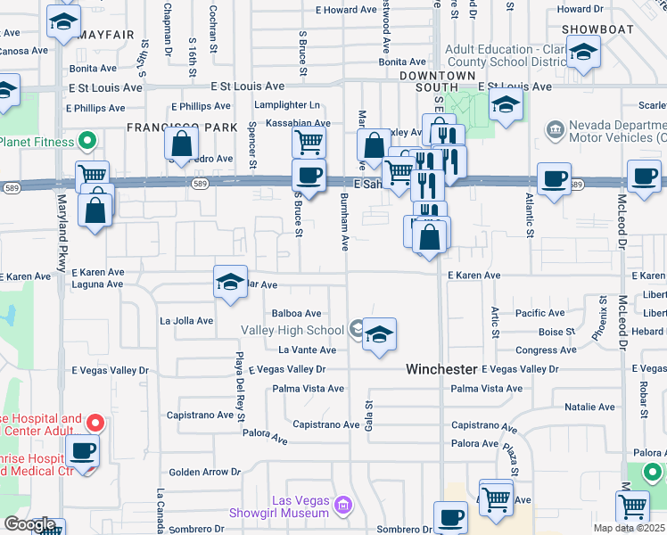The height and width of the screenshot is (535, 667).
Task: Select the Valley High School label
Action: point(292,330)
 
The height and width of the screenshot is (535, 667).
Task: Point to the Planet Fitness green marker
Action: point(87,140)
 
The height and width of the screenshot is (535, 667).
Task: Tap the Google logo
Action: point(29,524)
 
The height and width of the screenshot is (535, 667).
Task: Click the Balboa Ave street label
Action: point(296,313)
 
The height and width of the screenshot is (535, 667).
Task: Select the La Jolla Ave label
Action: point(186,320)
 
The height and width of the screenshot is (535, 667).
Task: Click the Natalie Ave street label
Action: point(589,407)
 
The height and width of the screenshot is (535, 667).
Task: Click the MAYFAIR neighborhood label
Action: point(105,35)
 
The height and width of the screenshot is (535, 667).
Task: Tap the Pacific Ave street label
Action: point(539,313)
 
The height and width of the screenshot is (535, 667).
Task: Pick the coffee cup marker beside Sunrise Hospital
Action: point(84,451)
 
